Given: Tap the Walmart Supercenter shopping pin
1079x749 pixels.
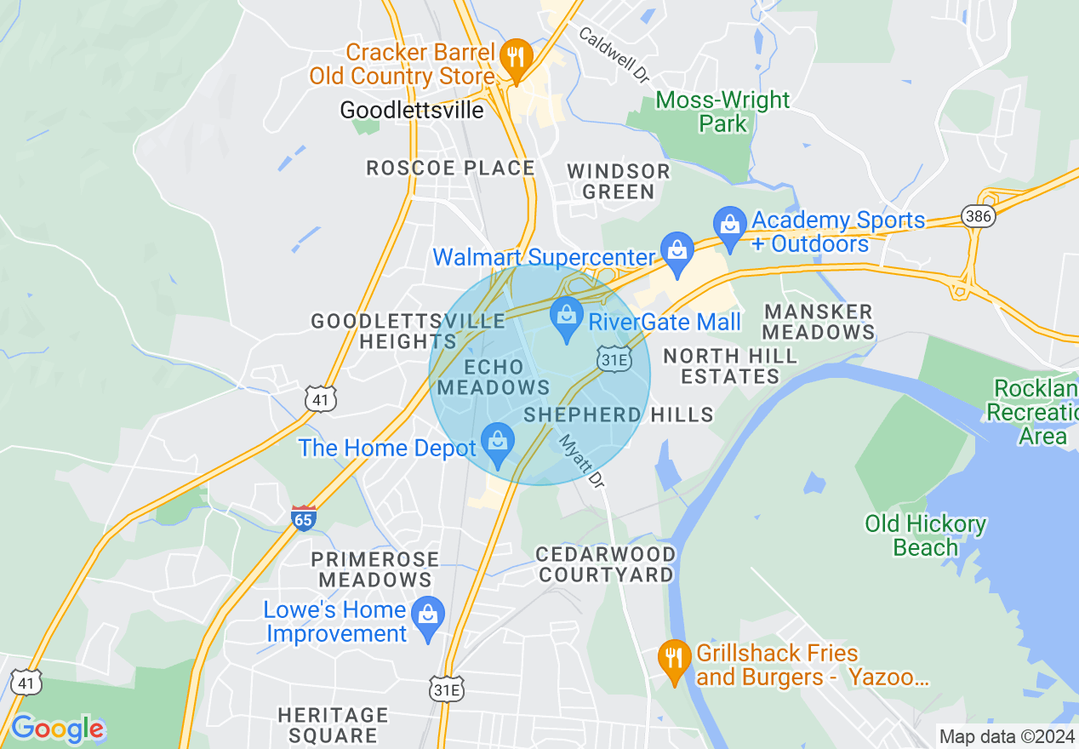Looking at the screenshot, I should click(x=678, y=252).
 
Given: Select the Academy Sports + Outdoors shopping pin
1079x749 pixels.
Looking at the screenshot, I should click(x=729, y=226).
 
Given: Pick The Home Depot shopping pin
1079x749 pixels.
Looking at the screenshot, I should click(x=499, y=443).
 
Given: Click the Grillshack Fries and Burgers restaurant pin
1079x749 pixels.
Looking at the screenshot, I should click(x=674, y=660).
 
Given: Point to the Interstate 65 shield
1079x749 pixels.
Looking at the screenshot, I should click(x=304, y=517).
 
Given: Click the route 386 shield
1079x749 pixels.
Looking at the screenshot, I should click(x=979, y=216).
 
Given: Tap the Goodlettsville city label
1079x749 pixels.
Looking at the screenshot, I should click(x=412, y=111).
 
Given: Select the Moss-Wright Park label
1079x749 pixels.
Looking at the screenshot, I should click(x=722, y=111).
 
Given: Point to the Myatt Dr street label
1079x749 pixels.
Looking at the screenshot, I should click(x=581, y=461).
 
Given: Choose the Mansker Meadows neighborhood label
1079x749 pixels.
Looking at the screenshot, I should click(x=819, y=322).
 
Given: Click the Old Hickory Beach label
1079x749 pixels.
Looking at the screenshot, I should click(x=926, y=535).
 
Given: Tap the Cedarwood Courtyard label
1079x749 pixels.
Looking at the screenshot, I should click(x=606, y=564).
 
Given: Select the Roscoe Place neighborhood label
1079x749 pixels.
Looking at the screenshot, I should click(x=450, y=168).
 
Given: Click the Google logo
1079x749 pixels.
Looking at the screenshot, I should click(x=58, y=729).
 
